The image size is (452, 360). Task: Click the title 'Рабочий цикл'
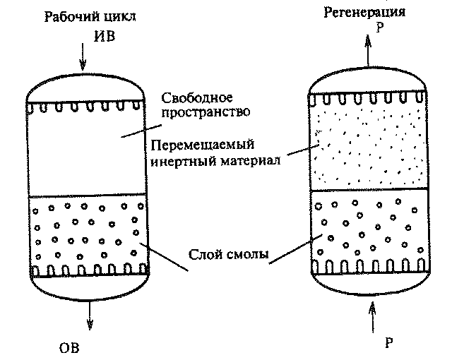point(90,17)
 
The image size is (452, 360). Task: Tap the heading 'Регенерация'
point(364,13)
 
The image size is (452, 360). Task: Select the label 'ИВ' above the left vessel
point(105,36)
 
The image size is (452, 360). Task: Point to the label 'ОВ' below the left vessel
point(69,348)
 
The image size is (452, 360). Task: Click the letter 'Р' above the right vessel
point(380,28)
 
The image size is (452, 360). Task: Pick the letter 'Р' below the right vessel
point(389,343)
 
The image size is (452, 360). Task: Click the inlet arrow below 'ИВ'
point(83,56)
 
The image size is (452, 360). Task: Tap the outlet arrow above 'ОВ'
point(90,316)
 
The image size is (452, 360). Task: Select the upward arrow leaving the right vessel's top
point(368,51)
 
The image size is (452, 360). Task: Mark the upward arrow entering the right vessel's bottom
point(373,318)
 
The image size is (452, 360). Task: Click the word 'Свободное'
point(197,98)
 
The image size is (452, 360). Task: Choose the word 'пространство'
point(206,112)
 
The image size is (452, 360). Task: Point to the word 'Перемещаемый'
point(203,145)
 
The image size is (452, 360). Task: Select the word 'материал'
point(251,161)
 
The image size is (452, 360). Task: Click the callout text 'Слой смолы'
point(228,254)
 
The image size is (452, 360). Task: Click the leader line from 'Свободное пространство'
point(141,131)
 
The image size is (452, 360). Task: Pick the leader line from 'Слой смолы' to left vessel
point(164,257)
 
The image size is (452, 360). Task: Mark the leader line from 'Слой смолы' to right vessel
point(296,249)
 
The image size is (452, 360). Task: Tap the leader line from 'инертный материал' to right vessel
point(303,150)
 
